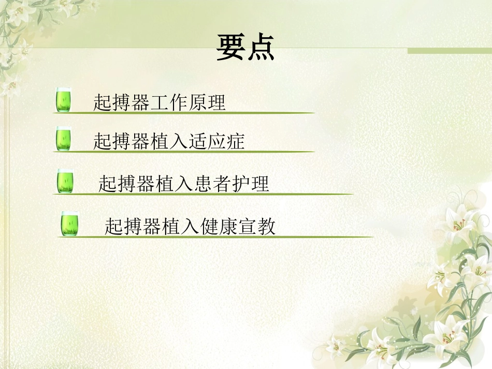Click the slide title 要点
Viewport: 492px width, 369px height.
245,48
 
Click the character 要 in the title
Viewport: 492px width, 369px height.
230,48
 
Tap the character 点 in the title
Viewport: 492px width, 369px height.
260,48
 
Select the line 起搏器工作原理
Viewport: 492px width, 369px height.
160,102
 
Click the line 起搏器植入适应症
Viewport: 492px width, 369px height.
169,141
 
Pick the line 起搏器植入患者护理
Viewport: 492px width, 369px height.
184,183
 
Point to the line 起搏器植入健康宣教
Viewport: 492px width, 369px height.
190,226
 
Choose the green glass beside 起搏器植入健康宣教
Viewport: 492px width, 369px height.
69,224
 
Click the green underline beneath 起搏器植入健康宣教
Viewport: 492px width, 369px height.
218,237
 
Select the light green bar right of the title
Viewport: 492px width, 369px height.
449,51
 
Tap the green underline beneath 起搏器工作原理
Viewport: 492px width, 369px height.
186,112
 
